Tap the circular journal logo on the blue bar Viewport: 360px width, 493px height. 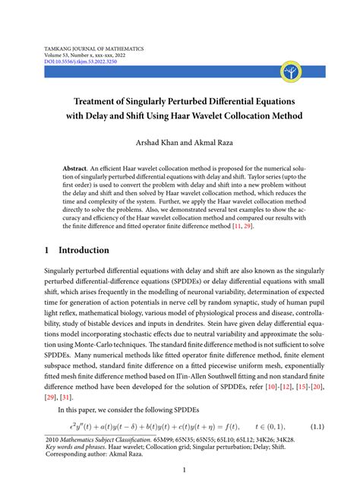coord(292,72)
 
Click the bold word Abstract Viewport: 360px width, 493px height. coord(74,165)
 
